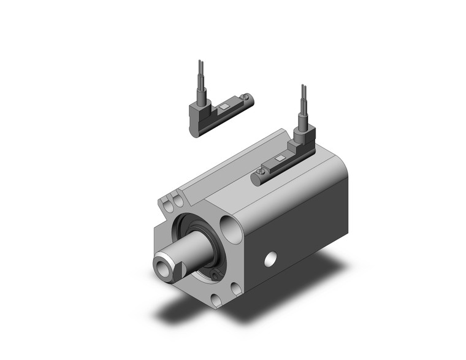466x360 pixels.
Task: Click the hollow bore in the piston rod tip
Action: coord(162,267)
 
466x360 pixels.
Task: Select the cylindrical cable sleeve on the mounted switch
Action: coord(302,120)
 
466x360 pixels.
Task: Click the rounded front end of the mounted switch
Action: coord(256,179)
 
